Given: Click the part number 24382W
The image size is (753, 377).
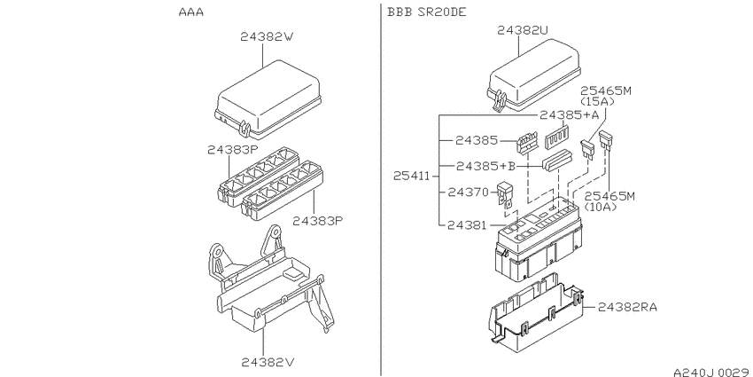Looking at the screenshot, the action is point(266,36).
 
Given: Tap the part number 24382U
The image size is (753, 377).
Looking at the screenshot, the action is point(523,30).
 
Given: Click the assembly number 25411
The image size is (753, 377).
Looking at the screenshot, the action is point(412,177).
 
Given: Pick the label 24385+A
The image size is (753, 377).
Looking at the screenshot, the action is point(569,115).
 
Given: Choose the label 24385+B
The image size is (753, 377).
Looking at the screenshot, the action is point(485,167).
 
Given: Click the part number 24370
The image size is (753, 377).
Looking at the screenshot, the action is point(468,192).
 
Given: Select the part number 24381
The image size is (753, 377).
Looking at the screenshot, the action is point(467,224).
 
